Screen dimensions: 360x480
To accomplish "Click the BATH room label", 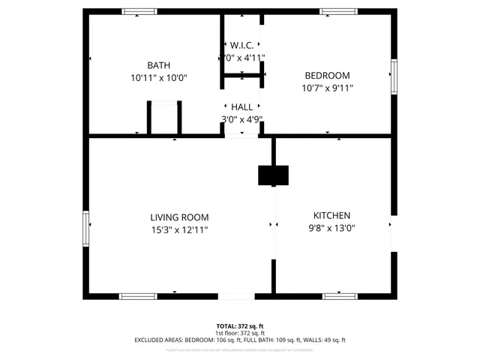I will [x=158, y=65].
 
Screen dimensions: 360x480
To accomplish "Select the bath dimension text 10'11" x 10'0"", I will [x=158, y=77].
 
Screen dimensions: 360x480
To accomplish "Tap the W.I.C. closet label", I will [x=243, y=44].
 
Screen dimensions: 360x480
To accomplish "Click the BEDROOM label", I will [x=327, y=75].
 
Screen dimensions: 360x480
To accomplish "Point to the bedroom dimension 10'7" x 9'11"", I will [x=327, y=88].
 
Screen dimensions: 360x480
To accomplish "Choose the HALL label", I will [x=242, y=107].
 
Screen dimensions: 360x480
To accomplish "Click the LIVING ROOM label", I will [x=179, y=217].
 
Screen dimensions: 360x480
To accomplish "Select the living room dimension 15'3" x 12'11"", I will [x=179, y=229].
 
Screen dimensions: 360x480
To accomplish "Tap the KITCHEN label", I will [x=331, y=215].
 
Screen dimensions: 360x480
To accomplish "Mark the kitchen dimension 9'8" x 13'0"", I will [x=331, y=228].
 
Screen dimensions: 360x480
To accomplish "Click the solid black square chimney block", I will [x=273, y=175].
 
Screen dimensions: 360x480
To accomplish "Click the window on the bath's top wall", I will [x=140, y=11].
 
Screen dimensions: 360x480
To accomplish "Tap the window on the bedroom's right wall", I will [x=393, y=74].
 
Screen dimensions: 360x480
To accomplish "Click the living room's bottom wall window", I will [x=139, y=296].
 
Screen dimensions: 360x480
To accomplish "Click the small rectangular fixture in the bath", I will [x=165, y=118].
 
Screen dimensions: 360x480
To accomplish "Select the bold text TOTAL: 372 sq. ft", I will [x=240, y=326].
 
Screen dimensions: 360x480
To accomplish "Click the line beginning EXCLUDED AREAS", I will [x=240, y=340].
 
